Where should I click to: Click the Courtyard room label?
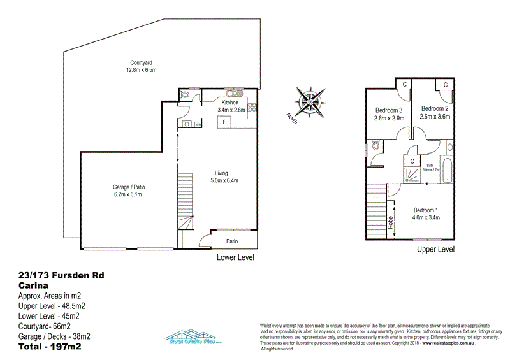[x=140, y=62]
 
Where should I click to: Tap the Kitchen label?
[x=229, y=103]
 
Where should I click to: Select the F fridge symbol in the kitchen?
[x=224, y=121]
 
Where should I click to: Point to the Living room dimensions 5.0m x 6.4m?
[x=226, y=180]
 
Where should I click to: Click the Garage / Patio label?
[x=127, y=187]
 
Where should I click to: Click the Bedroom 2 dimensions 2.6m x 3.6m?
[x=435, y=117]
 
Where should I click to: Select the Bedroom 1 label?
[x=426, y=210]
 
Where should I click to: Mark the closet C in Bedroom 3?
[x=403, y=84]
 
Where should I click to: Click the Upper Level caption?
[x=436, y=250]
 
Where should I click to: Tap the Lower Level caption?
[x=236, y=257]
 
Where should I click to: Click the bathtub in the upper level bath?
[x=448, y=170]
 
